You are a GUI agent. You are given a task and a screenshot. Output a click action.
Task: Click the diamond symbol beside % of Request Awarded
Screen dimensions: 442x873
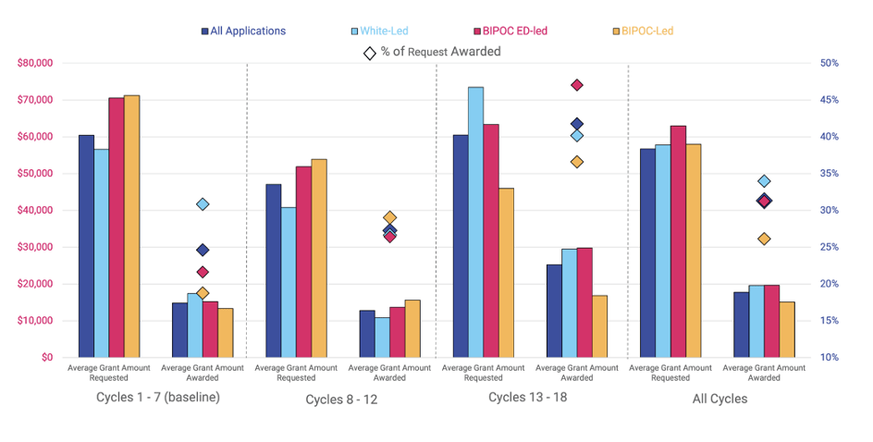[x=370, y=53]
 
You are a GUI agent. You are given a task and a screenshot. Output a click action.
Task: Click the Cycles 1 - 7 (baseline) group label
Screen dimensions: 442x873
[x=158, y=398]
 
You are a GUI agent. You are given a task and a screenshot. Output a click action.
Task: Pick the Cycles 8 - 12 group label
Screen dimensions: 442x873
[x=341, y=399]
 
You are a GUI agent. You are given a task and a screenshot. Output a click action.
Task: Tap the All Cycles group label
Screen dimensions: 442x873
[x=719, y=399]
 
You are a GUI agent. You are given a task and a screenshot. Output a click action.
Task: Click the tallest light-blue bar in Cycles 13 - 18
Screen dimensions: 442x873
[x=475, y=222]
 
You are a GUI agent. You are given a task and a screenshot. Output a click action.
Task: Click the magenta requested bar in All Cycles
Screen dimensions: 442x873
[x=679, y=241]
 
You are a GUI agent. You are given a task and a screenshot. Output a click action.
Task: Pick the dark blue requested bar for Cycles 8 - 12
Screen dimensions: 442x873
[x=273, y=270]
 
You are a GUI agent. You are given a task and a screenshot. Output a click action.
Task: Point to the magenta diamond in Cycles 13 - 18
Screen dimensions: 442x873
[x=577, y=85]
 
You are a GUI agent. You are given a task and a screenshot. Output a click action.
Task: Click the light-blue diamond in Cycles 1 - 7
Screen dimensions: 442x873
[x=203, y=204]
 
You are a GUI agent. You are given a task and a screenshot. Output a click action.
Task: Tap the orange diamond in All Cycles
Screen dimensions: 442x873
[x=764, y=239]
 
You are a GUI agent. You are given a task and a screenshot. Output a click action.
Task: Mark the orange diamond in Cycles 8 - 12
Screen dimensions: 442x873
[x=389, y=218]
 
